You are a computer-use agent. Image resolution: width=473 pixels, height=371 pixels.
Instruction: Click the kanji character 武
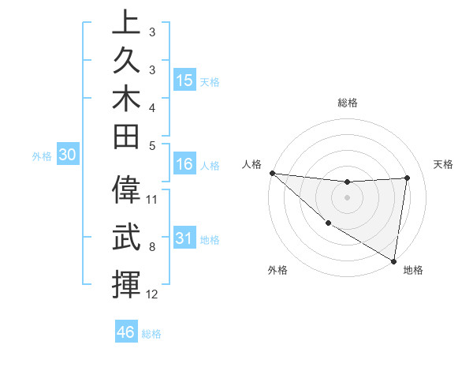tap(126, 238)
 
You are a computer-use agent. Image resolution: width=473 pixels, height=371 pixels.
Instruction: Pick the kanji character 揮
tap(126, 284)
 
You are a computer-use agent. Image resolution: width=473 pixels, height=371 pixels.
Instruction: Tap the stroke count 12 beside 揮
tap(152, 294)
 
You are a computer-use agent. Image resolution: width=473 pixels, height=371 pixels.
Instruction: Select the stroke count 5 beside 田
tap(152, 145)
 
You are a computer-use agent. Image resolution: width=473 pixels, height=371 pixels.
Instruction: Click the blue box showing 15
tap(184, 81)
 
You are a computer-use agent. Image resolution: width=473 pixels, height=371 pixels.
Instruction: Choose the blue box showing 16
tap(184, 165)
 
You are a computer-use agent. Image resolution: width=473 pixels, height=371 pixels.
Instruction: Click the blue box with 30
tap(67, 156)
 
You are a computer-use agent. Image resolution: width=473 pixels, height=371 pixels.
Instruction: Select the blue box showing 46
tap(126, 332)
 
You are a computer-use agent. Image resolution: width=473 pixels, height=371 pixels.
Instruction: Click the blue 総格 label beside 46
tap(151, 334)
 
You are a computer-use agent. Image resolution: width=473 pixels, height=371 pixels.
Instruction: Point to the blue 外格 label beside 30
tap(42, 156)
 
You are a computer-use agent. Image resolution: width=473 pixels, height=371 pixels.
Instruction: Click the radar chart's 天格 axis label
tap(444, 164)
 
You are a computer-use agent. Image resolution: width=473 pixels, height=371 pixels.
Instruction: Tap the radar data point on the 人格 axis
tap(272, 173)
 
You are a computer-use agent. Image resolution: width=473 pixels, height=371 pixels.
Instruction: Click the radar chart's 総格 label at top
tap(347, 103)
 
